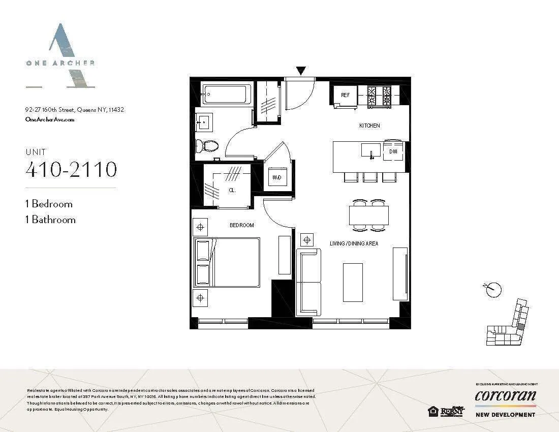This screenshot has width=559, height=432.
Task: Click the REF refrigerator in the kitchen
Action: [x=345, y=96]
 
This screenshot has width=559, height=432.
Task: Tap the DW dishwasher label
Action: [x=393, y=151]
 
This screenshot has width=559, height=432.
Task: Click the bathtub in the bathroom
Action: [x=225, y=95]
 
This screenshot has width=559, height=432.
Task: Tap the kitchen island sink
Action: [x=371, y=151]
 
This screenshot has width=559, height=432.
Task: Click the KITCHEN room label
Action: [x=369, y=126]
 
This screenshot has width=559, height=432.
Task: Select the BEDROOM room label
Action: [x=241, y=225]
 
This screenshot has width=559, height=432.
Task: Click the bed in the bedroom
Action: [x=227, y=262]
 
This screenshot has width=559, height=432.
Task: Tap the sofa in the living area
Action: [x=308, y=282]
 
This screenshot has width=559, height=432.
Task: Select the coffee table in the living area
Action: [x=353, y=282]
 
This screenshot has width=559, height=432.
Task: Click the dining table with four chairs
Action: [x=368, y=214]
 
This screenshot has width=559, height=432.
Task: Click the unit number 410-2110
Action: [x=71, y=169]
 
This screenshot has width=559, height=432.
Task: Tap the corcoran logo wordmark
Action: [x=505, y=395]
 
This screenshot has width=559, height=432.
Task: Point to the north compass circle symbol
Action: [x=493, y=290]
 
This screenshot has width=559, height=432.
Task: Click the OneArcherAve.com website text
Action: [x=50, y=119]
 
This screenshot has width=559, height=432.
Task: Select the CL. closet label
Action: [x=231, y=191]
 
